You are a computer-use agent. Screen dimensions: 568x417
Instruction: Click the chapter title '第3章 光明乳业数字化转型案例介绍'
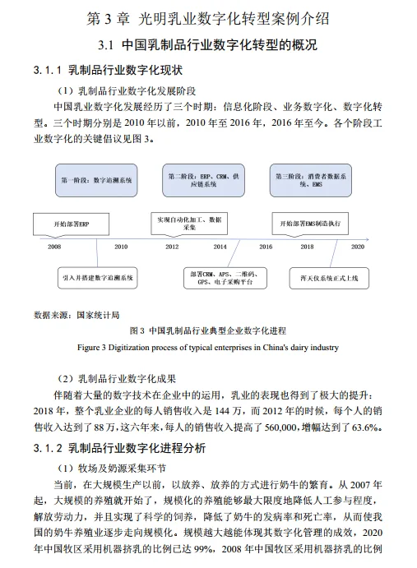tap(207, 17)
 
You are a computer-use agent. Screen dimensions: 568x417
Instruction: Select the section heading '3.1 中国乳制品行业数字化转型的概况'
tap(207, 44)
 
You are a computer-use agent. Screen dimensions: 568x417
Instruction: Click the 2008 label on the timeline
tap(54, 246)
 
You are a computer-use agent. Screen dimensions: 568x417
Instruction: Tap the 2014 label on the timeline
tap(220, 246)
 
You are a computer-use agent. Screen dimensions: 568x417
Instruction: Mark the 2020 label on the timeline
tap(357, 246)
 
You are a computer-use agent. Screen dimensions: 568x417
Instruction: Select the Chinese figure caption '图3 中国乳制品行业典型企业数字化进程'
tap(207, 331)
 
